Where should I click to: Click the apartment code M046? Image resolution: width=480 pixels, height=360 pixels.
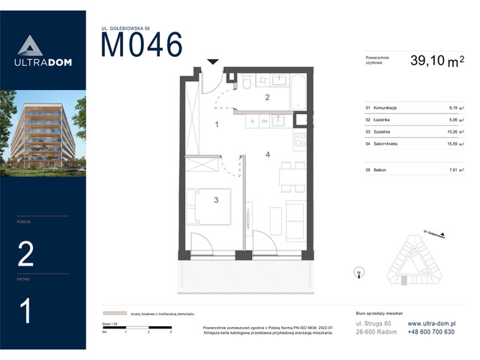142,45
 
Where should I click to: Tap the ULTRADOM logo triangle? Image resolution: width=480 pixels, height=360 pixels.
27,46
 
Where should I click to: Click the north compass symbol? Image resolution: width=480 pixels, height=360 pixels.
359,273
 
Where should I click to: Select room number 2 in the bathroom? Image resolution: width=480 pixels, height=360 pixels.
265,97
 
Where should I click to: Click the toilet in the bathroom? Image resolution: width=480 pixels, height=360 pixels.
246,82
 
